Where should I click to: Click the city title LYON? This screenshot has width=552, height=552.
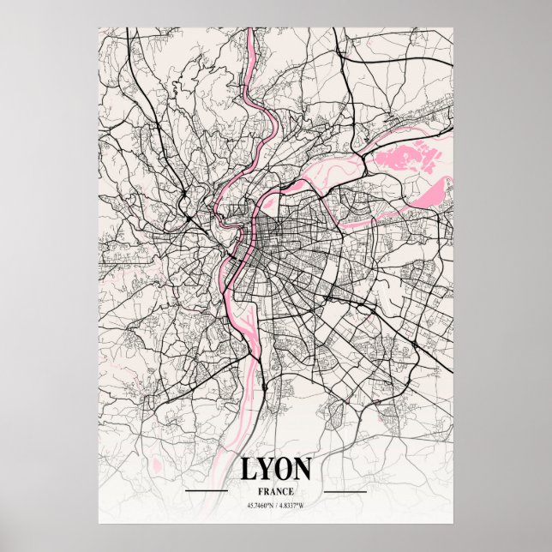[x=275, y=470]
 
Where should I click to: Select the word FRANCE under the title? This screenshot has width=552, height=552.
[x=275, y=491]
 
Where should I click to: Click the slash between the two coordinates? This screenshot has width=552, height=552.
[x=276, y=505]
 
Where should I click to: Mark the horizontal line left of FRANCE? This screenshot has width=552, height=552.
[x=206, y=491]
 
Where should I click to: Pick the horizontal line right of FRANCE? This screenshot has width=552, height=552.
[x=345, y=491]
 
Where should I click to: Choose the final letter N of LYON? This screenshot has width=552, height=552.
[x=304, y=470]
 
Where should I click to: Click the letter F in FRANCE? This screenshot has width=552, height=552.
[x=260, y=491]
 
